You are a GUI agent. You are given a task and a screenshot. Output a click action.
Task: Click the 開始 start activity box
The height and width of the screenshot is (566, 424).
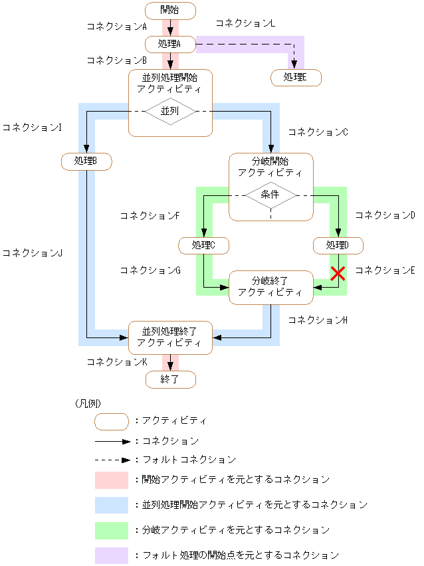click(170, 11)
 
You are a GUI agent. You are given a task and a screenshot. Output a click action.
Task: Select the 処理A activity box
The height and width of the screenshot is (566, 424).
click(170, 45)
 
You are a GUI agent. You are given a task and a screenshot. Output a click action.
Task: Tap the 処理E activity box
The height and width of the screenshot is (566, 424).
click(296, 78)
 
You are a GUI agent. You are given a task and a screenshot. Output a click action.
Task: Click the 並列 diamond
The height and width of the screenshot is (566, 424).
click(170, 112)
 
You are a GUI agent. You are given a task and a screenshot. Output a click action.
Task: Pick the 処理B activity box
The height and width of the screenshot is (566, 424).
click(86, 161)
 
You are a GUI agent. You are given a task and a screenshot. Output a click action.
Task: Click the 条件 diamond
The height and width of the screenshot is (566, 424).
click(270, 195)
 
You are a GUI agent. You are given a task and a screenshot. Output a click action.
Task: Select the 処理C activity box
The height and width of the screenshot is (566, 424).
click(204, 245)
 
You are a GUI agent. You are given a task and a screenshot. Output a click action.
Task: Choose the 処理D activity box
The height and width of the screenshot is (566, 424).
click(338, 245)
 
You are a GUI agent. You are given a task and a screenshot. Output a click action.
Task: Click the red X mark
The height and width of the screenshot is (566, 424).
click(338, 273)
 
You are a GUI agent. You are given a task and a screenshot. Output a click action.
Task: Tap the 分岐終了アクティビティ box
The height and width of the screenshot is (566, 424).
click(270, 287)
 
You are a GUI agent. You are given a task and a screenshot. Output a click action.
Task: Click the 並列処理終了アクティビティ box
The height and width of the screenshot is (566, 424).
click(170, 337)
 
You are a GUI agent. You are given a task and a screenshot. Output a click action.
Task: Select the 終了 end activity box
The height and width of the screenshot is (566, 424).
click(170, 379)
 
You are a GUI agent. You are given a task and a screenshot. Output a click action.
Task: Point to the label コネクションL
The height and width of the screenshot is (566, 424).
click(245, 23)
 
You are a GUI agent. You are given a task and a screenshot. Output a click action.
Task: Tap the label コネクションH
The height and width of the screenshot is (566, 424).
click(318, 320)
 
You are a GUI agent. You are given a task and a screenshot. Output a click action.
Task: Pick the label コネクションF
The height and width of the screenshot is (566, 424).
click(150, 216)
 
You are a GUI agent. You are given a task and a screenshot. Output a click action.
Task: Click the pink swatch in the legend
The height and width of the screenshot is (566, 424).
click(111, 480)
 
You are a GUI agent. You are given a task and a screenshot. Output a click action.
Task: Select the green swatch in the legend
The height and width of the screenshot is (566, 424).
click(111, 530)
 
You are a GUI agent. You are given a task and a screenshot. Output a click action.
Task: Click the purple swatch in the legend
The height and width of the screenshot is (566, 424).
click(111, 555)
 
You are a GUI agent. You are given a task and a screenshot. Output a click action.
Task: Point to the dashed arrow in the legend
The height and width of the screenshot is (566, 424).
click(111, 459)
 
